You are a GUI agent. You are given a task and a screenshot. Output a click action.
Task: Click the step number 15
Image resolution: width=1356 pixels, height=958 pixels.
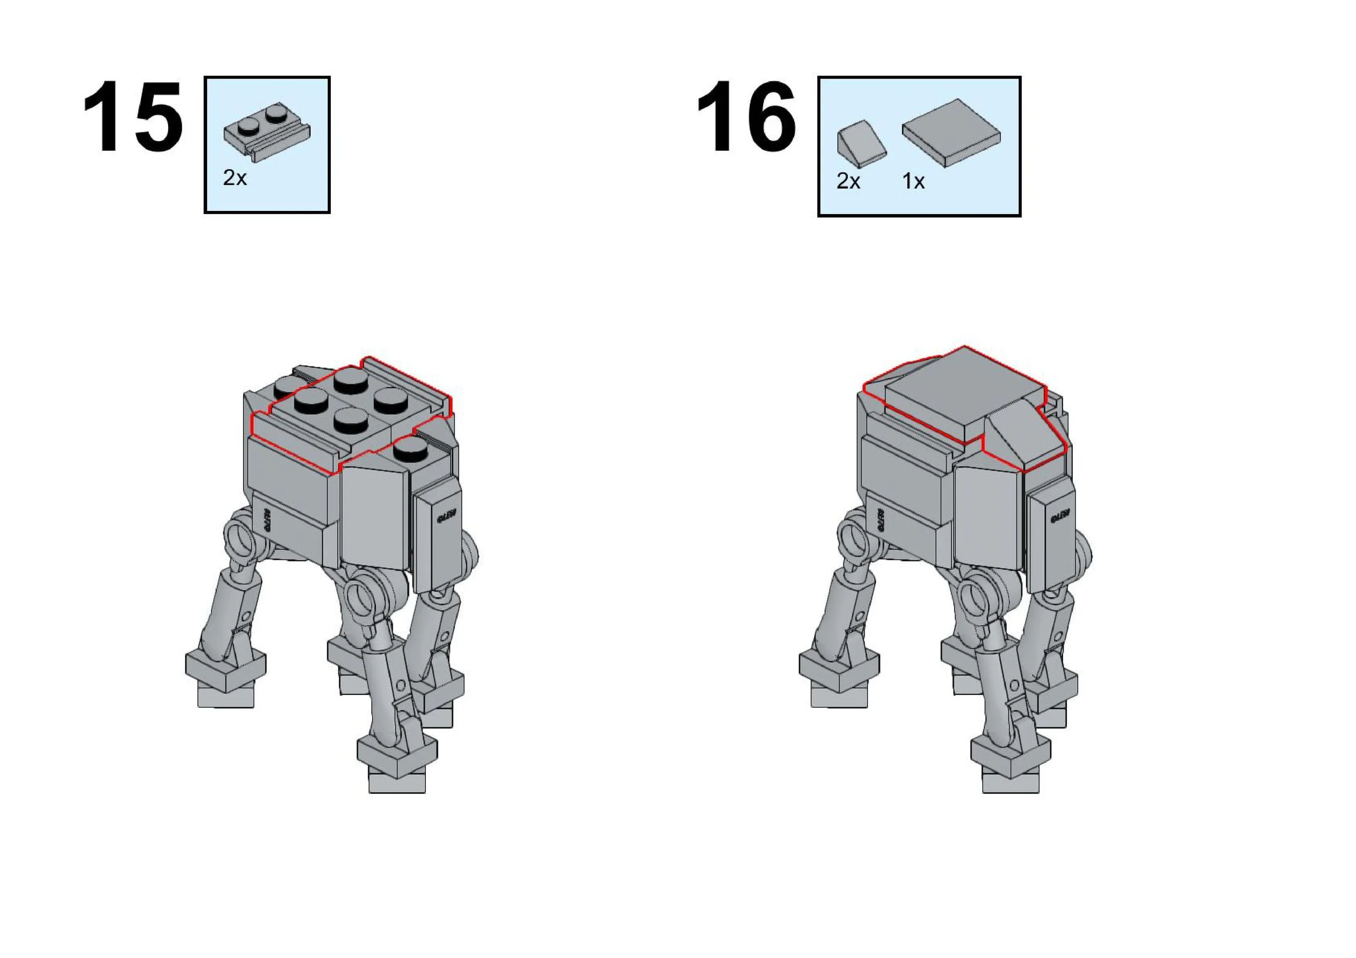[133, 117]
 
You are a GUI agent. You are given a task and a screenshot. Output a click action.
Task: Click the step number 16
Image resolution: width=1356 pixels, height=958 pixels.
[746, 117]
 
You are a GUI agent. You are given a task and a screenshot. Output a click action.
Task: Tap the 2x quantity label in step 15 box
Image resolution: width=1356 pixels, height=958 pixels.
[234, 178]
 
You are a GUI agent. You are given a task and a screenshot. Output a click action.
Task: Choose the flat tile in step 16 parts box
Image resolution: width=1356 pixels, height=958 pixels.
[951, 132]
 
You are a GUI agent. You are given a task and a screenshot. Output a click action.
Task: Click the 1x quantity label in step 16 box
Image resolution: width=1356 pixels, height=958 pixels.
[913, 181]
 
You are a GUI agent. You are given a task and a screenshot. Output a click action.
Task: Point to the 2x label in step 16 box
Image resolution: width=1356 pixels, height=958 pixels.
[848, 181]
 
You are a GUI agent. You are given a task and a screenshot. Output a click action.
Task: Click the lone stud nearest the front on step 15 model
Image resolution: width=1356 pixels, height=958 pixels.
[412, 452]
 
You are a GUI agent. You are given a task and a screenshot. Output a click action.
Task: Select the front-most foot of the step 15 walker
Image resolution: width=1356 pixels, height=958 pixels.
[397, 761]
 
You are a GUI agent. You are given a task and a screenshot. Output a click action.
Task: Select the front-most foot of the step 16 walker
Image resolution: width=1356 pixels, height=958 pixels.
[1010, 761]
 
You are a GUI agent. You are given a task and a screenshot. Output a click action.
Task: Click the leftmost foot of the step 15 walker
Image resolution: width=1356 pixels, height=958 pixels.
[225, 676]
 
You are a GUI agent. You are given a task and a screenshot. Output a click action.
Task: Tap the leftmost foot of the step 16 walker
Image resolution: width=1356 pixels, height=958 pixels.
[839, 676]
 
